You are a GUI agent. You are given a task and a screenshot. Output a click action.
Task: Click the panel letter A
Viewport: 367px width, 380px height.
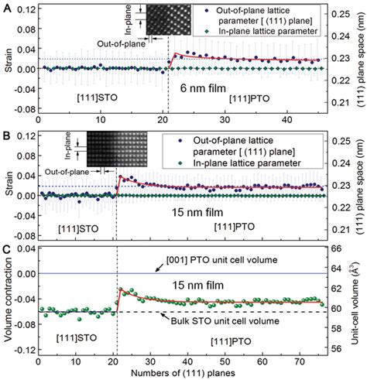[x=5, y=5]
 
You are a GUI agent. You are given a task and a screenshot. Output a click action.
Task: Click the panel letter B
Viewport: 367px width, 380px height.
[x=5, y=132]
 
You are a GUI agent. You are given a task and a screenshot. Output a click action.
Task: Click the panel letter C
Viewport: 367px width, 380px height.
[x=5, y=249]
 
